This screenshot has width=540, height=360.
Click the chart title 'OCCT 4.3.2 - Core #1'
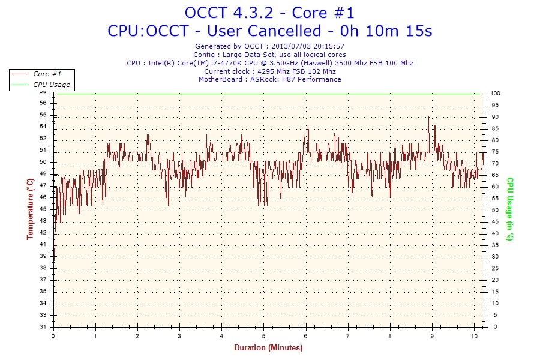pyautogui.click(x=269, y=13)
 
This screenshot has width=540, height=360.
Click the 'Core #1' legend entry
pyautogui.click(x=47, y=74)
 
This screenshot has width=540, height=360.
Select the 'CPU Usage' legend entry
pyautogui.click(x=51, y=85)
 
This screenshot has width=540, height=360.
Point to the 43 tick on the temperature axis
pyautogui.click(x=43, y=221)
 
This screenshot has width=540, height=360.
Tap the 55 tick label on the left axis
pyautogui.click(x=43, y=115)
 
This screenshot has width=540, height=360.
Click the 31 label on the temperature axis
pyautogui.click(x=43, y=327)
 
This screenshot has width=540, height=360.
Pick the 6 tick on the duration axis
pyautogui.click(x=306, y=336)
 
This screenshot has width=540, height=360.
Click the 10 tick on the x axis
pyautogui.click(x=475, y=336)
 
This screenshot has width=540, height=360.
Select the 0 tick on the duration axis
pyautogui.click(x=53, y=336)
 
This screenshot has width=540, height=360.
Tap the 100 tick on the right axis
pyautogui.click(x=496, y=94)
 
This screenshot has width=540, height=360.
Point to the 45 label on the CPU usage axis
pyautogui.click(x=494, y=222)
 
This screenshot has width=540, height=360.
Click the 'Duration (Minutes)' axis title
pyautogui.click(x=268, y=348)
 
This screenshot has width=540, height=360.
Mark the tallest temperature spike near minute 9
pyautogui.click(x=428, y=118)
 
